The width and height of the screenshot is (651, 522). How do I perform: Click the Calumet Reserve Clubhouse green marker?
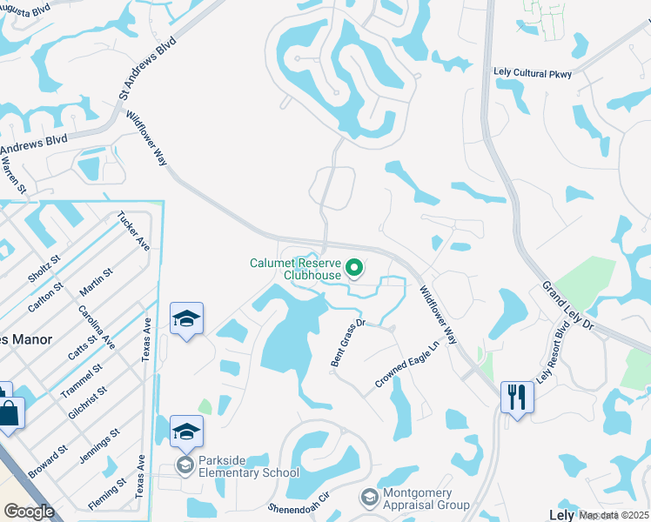coord(354,268)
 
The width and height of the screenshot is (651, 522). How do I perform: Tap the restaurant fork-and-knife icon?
coord(517,397)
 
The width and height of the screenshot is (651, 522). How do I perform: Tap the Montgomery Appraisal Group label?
coord(426,498)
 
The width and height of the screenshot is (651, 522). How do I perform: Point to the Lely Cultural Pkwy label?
coord(537,74)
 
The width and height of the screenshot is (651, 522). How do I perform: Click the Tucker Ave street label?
coord(133,231)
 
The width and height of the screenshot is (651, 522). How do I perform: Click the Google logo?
coord(29,512)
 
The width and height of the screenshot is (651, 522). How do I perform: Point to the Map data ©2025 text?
coord(614,515)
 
